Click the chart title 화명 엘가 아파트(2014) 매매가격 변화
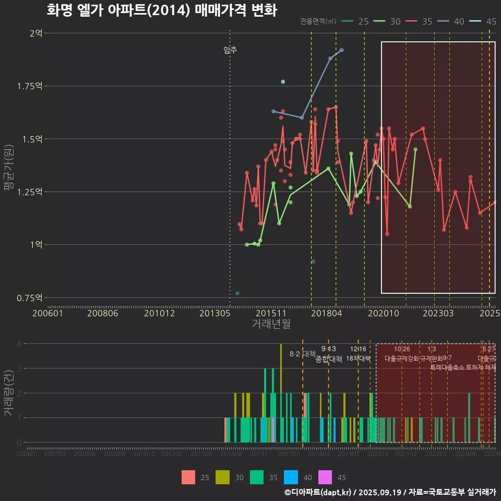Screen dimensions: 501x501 click(161, 10)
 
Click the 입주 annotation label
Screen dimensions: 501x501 click(230, 50)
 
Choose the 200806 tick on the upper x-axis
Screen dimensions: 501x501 click(102, 313)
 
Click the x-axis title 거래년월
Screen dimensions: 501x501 click(271, 324)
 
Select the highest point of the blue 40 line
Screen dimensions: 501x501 click(341, 50)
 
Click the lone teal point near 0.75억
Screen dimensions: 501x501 click(237, 293)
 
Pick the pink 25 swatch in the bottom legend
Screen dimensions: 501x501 click(188, 477)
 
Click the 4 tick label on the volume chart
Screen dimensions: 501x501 click(19, 344)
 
